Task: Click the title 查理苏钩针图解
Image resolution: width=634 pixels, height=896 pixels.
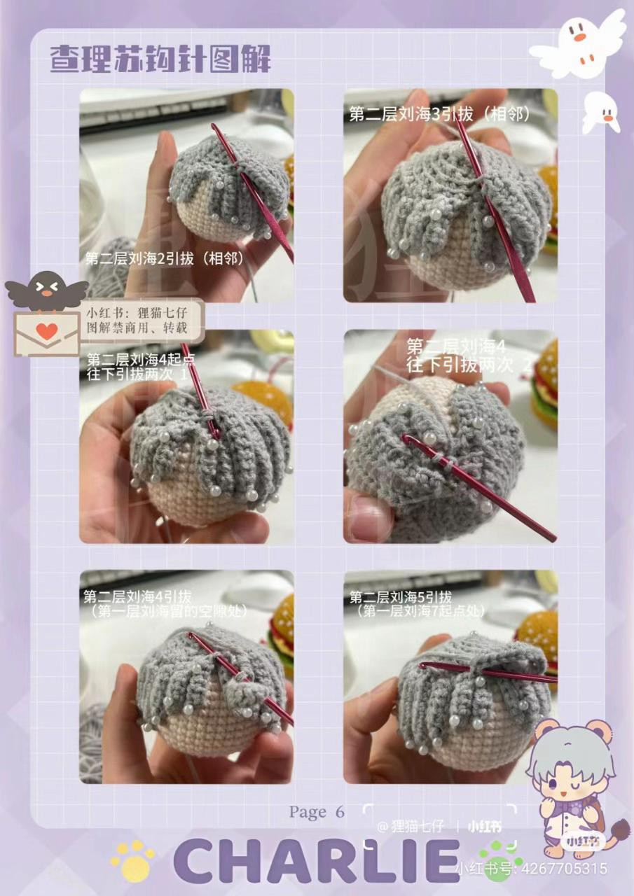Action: (x=160, y=59)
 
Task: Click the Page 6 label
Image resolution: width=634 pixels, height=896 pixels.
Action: (x=317, y=812)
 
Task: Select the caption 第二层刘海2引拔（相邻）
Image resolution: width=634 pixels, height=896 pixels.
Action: (x=164, y=258)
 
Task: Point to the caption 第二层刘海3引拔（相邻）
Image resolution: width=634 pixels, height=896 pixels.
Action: (x=440, y=114)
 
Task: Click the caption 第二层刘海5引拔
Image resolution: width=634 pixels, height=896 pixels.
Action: (x=401, y=597)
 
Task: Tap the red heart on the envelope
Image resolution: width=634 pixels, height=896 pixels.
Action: (x=46, y=331)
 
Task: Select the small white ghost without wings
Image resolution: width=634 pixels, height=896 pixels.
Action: (x=602, y=112)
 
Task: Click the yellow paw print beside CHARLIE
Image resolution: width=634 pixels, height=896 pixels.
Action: (x=132, y=860)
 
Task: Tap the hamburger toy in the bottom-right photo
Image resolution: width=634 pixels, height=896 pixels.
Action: (x=539, y=638)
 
